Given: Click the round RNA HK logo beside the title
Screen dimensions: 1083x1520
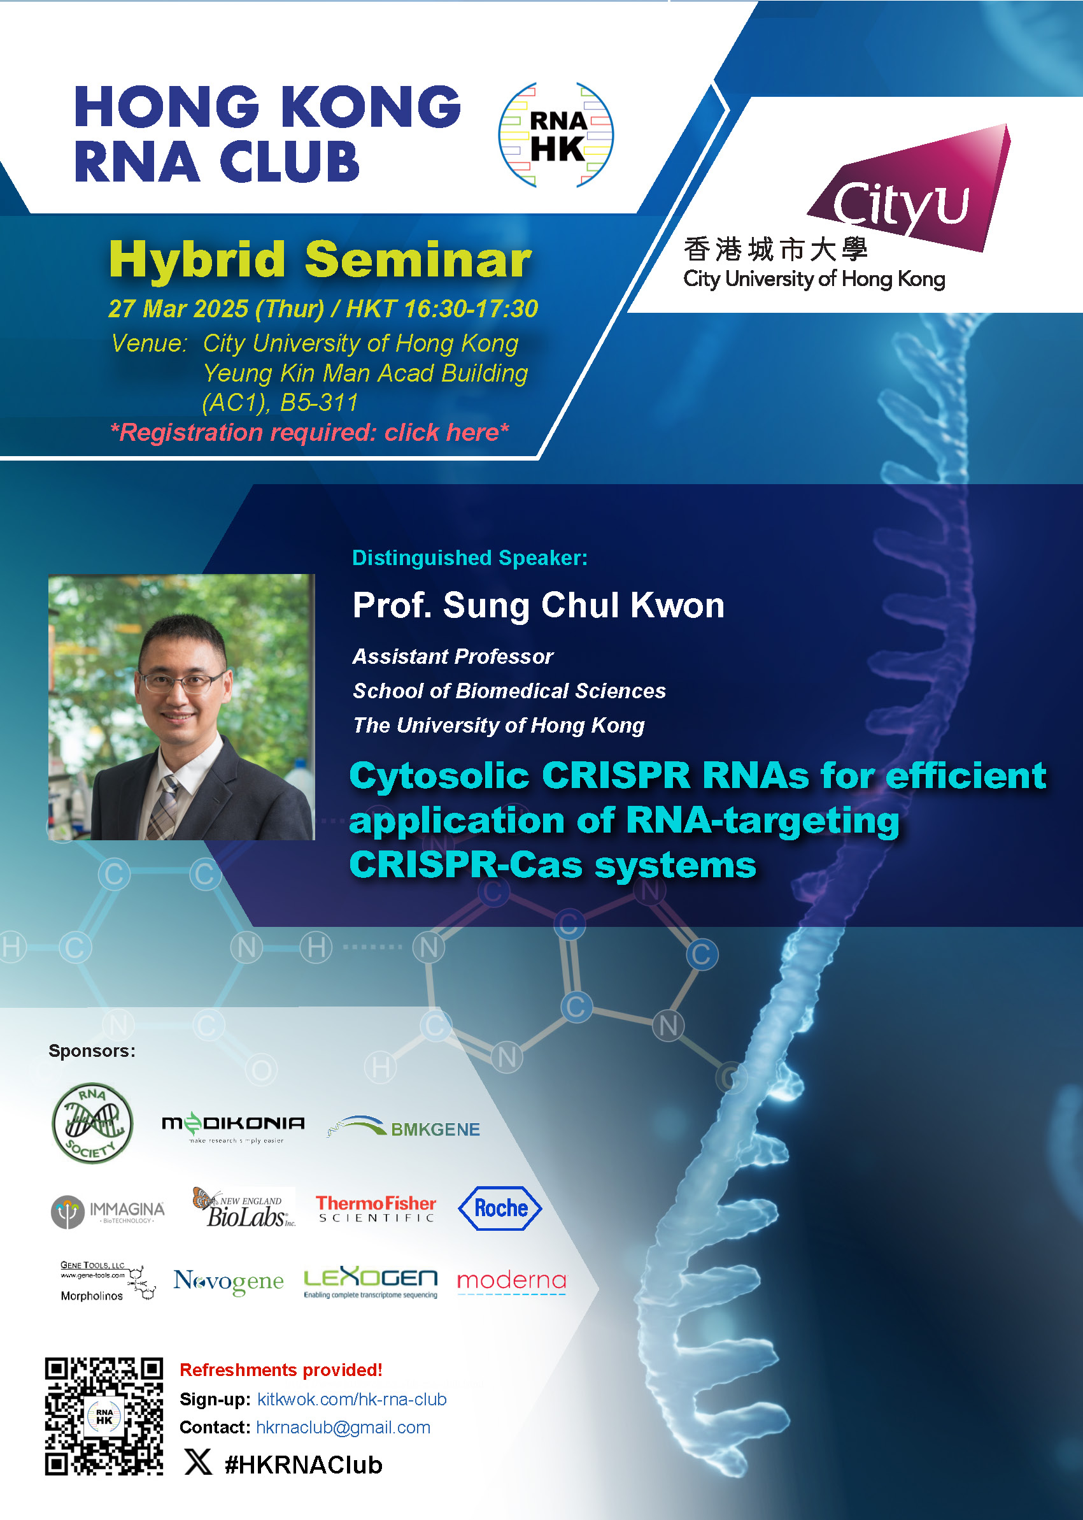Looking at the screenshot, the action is click(556, 136).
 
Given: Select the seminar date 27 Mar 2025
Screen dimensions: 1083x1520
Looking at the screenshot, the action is click(178, 309).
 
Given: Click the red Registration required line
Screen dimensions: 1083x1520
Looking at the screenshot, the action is click(309, 433).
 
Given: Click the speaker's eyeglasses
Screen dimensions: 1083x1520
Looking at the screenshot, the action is click(180, 682).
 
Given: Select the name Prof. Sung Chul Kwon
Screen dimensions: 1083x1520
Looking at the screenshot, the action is click(538, 606).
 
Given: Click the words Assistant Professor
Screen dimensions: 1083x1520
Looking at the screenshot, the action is click(453, 657).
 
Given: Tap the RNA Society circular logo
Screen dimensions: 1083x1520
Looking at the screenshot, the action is click(92, 1123).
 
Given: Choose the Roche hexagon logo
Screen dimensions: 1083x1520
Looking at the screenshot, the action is click(500, 1208).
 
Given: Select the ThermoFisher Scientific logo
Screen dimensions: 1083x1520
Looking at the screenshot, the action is click(376, 1208).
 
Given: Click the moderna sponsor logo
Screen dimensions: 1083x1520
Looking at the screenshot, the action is click(511, 1281).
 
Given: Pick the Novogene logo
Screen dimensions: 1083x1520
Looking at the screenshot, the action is click(229, 1281).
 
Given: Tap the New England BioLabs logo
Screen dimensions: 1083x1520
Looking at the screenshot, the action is click(244, 1208).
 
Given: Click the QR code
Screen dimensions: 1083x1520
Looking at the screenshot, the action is click(104, 1416).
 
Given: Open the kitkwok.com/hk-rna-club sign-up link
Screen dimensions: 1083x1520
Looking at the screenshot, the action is click(352, 1399).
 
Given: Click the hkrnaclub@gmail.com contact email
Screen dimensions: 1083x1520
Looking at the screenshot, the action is click(343, 1427).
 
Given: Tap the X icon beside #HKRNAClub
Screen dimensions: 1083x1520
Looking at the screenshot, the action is click(198, 1462).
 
